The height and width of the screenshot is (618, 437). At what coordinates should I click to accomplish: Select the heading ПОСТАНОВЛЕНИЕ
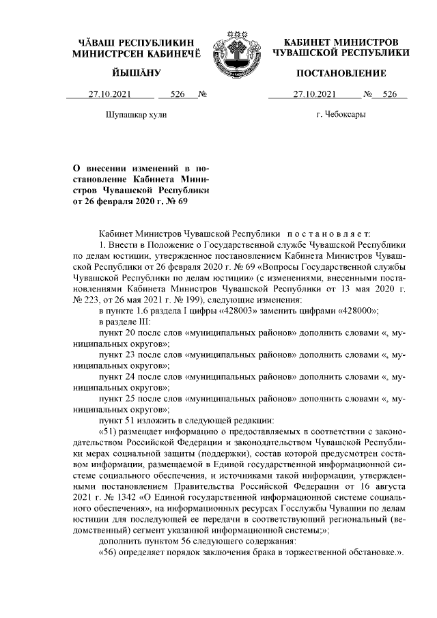[341, 73]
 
